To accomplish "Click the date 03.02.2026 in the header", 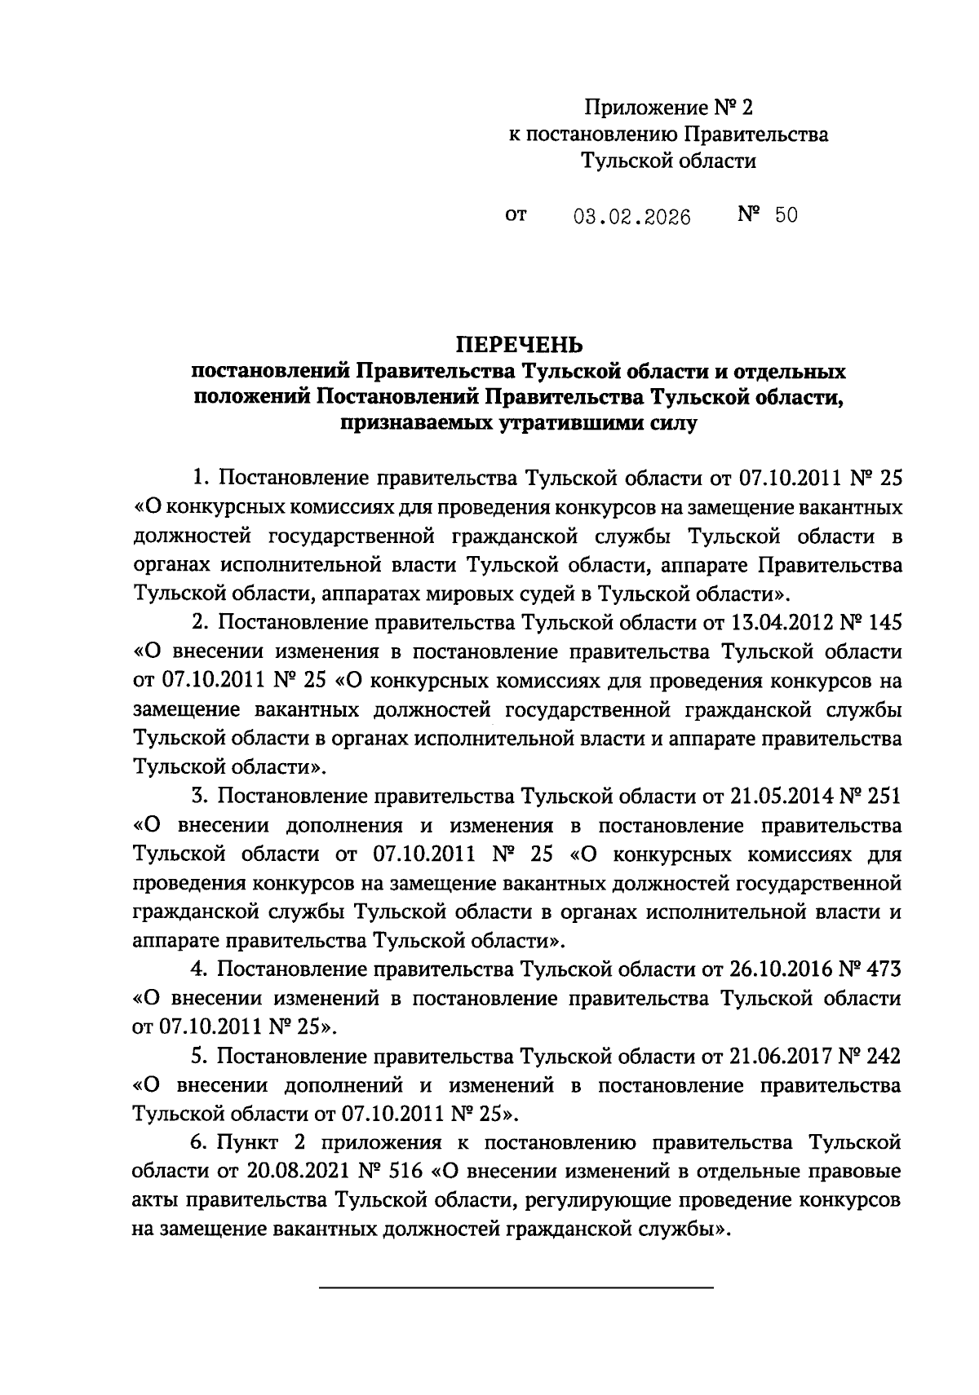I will tap(631, 217).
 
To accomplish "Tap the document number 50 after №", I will tap(786, 215).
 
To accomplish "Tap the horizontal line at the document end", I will tap(516, 1287).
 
